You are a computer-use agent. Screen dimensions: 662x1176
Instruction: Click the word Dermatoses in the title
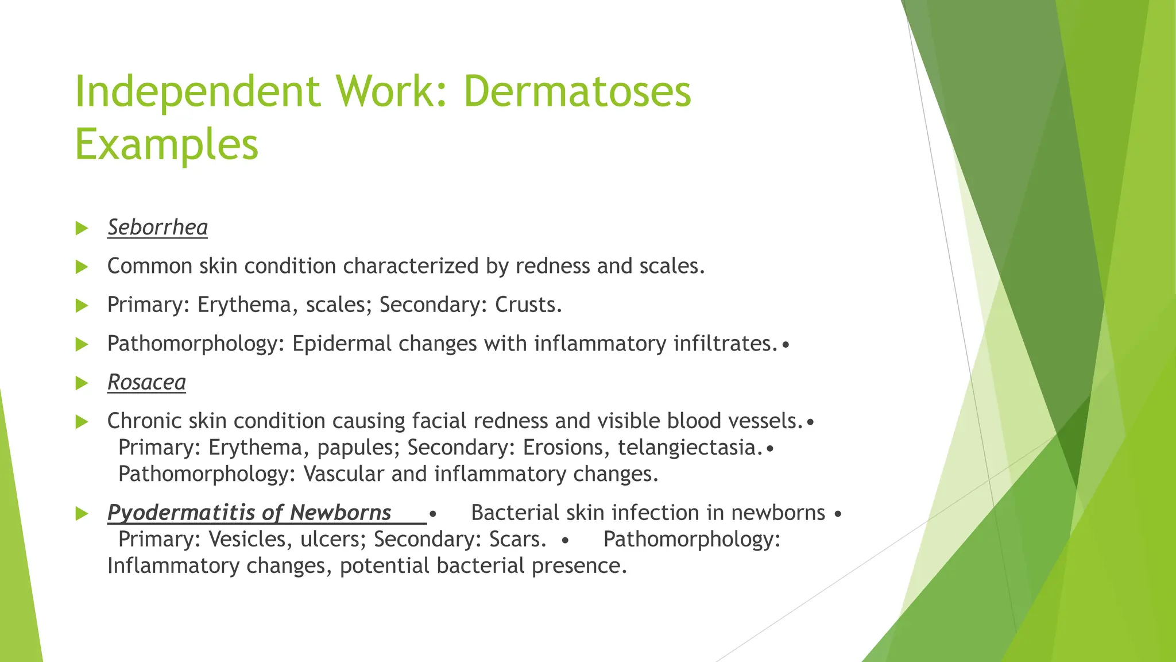click(x=577, y=91)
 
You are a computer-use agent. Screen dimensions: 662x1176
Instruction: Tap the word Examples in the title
click(x=167, y=144)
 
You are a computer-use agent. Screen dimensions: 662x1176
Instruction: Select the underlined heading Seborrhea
click(x=157, y=228)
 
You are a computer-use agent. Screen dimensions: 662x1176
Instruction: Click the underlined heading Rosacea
click(x=146, y=383)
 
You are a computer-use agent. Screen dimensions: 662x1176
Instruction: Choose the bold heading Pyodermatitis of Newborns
click(x=249, y=513)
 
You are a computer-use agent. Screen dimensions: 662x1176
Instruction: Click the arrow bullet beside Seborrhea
click(x=82, y=228)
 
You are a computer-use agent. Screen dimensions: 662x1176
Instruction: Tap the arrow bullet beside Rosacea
click(x=82, y=383)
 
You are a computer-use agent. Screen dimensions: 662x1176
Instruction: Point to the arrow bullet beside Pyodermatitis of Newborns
click(x=82, y=513)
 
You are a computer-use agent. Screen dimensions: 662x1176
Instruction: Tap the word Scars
click(x=517, y=540)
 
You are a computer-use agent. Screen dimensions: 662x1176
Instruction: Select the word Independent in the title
click(x=198, y=91)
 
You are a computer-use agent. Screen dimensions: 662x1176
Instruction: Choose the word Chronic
click(x=144, y=421)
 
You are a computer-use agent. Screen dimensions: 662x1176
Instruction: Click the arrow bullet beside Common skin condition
click(x=82, y=267)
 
